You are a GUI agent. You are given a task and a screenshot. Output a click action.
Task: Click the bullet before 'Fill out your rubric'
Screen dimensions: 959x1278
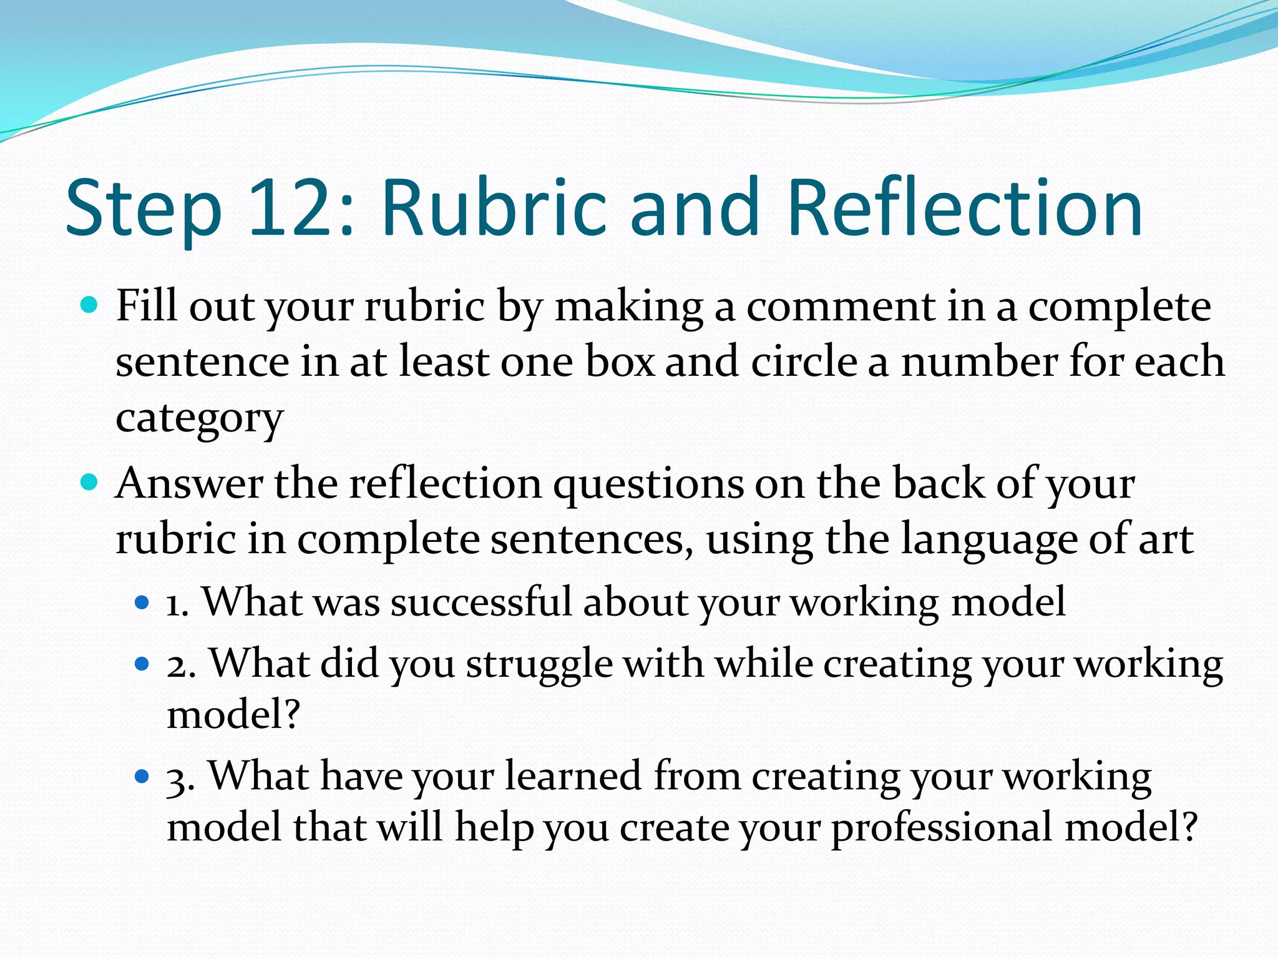(x=90, y=306)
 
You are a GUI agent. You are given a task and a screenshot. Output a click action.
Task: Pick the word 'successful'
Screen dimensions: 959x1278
(x=481, y=602)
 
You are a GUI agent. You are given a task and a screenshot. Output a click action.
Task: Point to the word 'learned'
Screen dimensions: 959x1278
(x=573, y=776)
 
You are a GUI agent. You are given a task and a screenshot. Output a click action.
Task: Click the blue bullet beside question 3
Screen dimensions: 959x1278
(x=142, y=776)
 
